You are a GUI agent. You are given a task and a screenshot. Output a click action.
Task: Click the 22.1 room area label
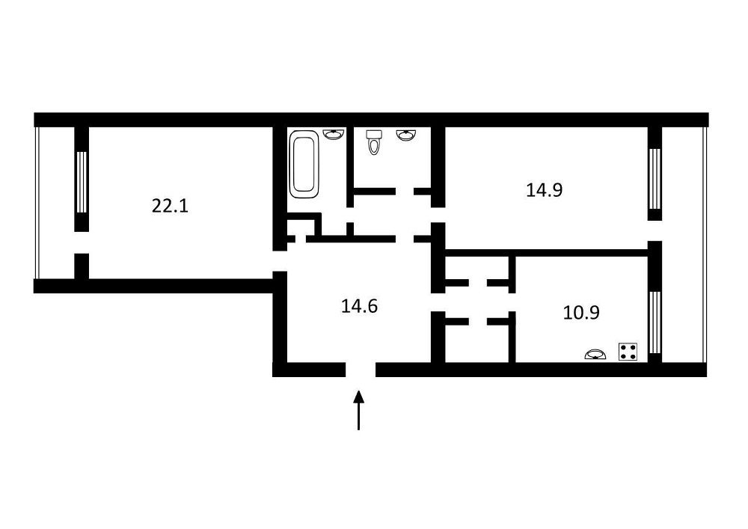[x=171, y=206]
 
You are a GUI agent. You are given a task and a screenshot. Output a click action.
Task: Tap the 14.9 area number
[x=545, y=190]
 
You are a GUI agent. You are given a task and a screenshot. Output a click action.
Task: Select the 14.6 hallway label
[x=359, y=306]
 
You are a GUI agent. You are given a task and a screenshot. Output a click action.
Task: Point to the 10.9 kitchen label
[x=581, y=313]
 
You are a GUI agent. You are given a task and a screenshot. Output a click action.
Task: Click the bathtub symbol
[x=304, y=165]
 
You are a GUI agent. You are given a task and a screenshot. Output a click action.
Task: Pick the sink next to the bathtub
[x=334, y=134]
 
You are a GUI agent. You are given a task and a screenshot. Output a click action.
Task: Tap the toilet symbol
[x=373, y=142]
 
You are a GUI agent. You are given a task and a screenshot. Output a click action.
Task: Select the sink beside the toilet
[x=406, y=135]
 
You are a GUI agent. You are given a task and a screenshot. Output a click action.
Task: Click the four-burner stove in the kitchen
[x=628, y=352]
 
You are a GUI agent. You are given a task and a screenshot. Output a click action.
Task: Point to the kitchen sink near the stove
[x=595, y=355]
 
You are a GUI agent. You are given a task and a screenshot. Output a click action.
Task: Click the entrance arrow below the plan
[x=358, y=410]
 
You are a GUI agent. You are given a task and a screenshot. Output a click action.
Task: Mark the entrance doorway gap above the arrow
[x=361, y=370]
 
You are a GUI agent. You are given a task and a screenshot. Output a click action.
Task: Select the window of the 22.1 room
[x=82, y=182]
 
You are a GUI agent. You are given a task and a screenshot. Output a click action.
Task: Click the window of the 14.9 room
[x=654, y=178]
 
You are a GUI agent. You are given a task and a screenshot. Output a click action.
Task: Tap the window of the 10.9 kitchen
[x=654, y=322]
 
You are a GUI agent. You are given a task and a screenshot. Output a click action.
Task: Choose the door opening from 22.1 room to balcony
[x=82, y=242]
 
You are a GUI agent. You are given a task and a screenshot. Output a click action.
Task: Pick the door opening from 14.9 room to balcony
[x=654, y=231]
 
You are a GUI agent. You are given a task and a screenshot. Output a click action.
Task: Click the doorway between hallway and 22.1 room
[x=280, y=261]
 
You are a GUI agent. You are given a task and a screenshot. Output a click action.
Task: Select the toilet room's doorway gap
[x=405, y=192]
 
